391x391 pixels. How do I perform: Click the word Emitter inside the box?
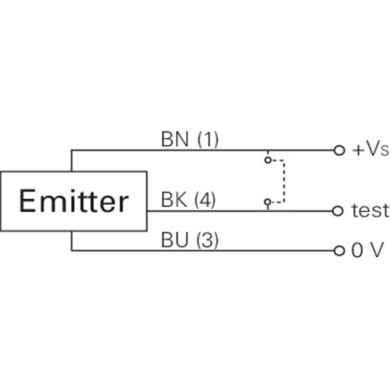pos(73,201)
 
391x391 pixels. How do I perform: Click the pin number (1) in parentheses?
pos(207,140)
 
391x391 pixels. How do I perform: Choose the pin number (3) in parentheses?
pos(207,240)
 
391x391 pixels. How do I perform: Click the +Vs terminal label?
pos(370,150)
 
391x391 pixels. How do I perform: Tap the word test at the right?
pos(370,211)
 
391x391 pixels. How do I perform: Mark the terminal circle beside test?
pos(337,211)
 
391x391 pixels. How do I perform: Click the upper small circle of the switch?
pos(267,160)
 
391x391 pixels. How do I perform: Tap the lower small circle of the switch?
pos(267,201)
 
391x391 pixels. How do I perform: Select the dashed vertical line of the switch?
pos(284,181)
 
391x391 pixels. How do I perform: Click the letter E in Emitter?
pos(27,201)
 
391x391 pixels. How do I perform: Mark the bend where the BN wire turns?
pos(71,150)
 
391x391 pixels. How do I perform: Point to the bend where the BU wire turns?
pos(71,251)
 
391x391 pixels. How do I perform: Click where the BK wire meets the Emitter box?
pos(147,211)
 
